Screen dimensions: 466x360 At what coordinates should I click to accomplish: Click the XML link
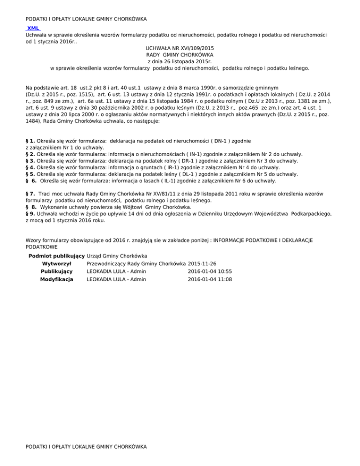(x=33, y=28)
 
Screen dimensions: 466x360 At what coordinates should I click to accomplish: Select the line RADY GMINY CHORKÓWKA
(x=180, y=54)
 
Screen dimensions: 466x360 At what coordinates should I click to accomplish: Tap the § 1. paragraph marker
(x=30, y=141)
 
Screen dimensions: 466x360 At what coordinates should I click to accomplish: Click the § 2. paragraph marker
(x=30, y=154)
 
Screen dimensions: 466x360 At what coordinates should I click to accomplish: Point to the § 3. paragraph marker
(x=30, y=160)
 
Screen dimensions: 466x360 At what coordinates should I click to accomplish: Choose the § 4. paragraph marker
(x=30, y=167)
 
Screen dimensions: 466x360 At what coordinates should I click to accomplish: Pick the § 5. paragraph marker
(x=30, y=173)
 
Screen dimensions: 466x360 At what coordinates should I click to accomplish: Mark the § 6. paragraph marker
(x=31, y=180)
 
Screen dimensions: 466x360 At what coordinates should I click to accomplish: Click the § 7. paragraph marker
(x=31, y=193)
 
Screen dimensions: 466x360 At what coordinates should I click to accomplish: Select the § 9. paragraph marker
(x=30, y=213)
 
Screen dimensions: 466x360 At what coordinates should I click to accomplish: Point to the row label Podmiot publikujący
(x=56, y=256)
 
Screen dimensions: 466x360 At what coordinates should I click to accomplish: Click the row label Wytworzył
(x=56, y=263)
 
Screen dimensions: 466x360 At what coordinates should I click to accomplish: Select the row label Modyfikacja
(x=56, y=279)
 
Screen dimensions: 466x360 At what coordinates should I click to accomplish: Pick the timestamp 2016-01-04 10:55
(x=210, y=271)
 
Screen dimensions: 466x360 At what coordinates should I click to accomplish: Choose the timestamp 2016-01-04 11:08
(x=210, y=279)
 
